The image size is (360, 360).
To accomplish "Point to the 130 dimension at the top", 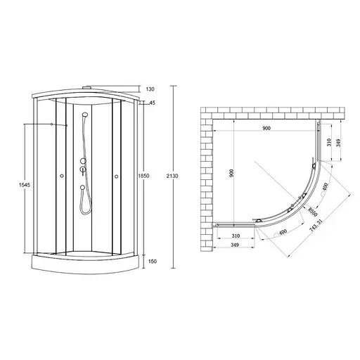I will pos(150,89).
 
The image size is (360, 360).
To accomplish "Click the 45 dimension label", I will pos(153,103).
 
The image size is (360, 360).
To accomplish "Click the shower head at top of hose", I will pos(84,115).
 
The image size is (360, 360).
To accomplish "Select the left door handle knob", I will pos(62,176).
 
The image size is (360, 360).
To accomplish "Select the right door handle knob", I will pos(115,176).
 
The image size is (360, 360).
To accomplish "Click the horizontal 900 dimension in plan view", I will pos(266,129).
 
